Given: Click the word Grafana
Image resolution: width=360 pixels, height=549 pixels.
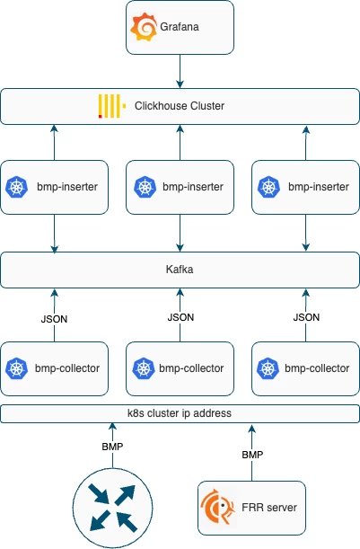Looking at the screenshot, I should click(180, 28).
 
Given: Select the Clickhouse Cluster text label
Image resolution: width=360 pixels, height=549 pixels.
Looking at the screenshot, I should click(179, 106).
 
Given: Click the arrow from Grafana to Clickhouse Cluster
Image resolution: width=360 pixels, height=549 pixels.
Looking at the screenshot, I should click(180, 70).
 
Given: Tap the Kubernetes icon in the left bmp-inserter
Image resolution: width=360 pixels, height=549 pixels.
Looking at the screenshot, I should click(17, 187).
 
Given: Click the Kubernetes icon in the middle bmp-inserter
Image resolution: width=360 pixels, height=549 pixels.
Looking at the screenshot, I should click(143, 187).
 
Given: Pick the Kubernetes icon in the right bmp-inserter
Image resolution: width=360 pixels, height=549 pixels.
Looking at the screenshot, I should click(268, 187).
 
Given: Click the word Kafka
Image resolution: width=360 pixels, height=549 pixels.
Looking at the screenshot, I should click(180, 269).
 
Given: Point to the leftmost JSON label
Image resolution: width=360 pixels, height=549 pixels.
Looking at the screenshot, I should click(55, 317).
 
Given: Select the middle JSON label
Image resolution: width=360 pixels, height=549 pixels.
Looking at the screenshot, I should click(180, 317).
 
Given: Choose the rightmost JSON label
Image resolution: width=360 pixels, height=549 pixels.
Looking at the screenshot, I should click(306, 317).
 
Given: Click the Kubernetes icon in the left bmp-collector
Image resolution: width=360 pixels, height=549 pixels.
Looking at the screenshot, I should click(17, 368).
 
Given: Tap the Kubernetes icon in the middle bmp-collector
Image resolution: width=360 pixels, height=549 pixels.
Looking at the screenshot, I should click(143, 368).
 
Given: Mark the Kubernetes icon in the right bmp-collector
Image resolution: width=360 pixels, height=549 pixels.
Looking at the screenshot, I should click(268, 368).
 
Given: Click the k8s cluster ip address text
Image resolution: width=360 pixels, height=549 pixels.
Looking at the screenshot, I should click(180, 413).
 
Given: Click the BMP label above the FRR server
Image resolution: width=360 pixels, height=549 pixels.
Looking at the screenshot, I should click(253, 455).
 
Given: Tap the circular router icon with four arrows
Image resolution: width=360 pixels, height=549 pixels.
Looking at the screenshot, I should click(113, 507).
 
